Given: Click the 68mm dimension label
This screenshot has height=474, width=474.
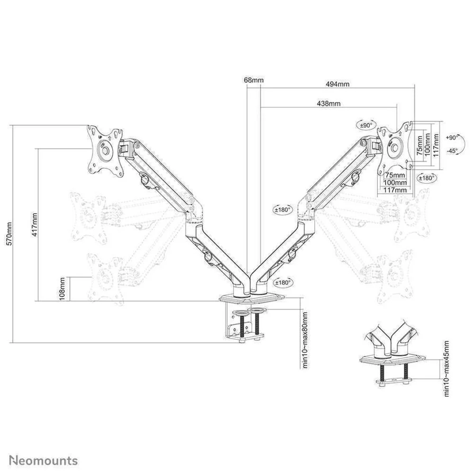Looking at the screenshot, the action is (x=254, y=80).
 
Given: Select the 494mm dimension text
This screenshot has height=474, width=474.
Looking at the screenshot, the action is (x=337, y=84).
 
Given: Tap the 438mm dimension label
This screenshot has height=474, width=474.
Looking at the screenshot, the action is (x=328, y=104).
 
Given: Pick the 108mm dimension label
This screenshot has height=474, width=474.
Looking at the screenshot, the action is (x=62, y=289).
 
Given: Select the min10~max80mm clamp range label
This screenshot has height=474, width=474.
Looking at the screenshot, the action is (x=305, y=340).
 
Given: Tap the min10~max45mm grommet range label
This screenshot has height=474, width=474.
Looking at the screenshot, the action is (x=447, y=368).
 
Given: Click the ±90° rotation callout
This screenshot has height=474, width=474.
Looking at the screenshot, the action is (x=366, y=125).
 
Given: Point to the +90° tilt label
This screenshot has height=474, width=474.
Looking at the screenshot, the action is (x=452, y=137).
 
